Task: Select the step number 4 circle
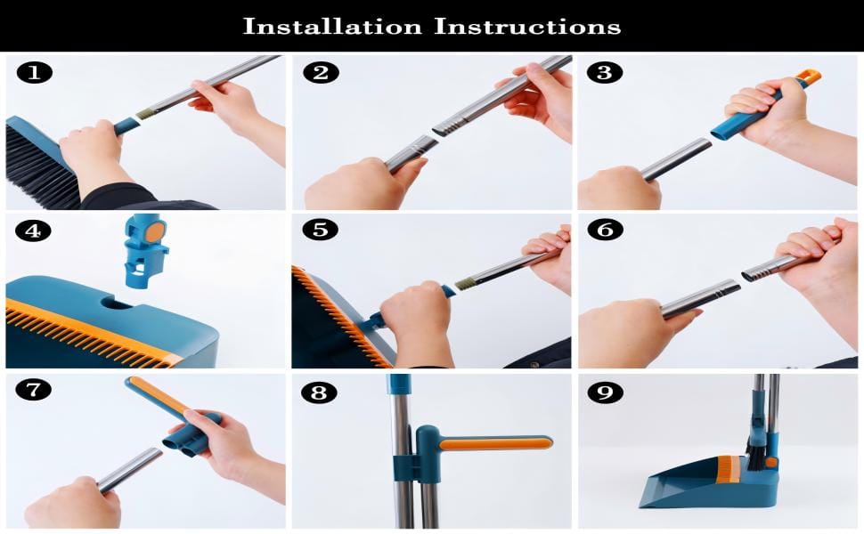pyautogui.click(x=34, y=231)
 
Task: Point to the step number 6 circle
pyautogui.click(x=605, y=231)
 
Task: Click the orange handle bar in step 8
pyautogui.click(x=495, y=443)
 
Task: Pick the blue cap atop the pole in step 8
pyautogui.click(x=399, y=384)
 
